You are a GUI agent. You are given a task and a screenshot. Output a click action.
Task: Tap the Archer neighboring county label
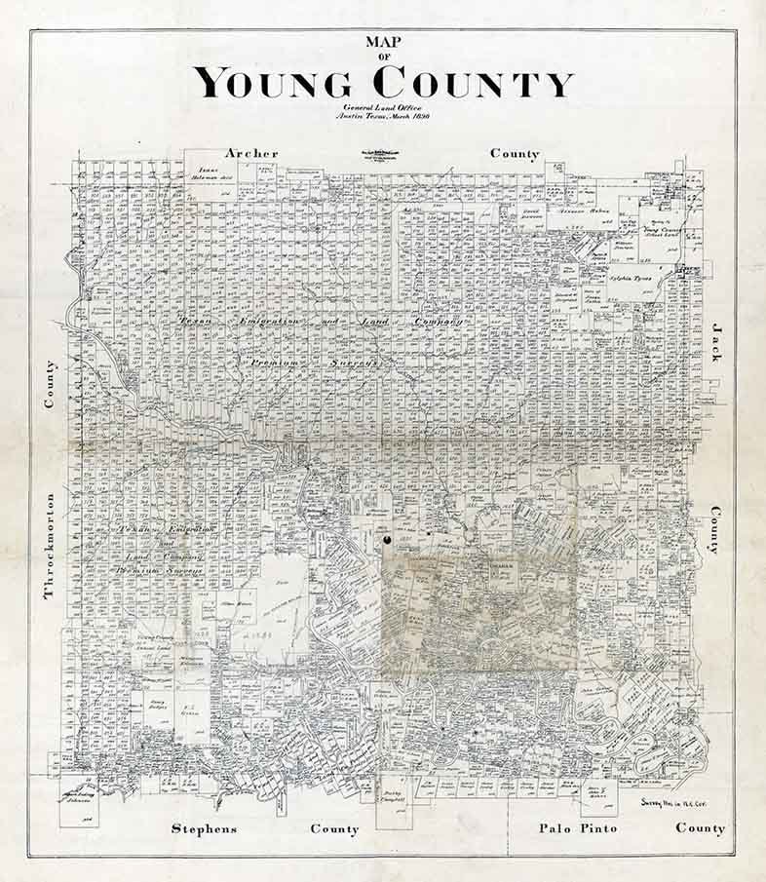(251, 153)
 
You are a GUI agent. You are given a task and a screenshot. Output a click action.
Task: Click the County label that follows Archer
(515, 153)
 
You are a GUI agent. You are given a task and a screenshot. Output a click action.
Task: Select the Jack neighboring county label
(715, 342)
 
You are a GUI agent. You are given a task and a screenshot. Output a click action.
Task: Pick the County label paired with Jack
(715, 529)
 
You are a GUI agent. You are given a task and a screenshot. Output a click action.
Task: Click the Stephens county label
(204, 829)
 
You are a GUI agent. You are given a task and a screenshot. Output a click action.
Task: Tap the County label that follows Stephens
(334, 829)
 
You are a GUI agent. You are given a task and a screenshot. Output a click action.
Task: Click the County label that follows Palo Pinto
(701, 828)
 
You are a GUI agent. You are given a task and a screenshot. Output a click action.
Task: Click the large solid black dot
(387, 537)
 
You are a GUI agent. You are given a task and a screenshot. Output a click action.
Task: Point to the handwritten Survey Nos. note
(673, 803)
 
